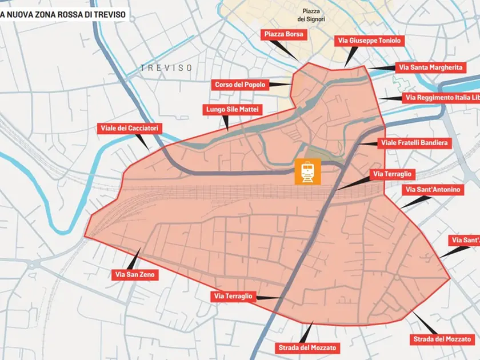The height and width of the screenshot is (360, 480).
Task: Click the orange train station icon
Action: click(307, 171)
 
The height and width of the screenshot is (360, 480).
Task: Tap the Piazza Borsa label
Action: click(284, 34)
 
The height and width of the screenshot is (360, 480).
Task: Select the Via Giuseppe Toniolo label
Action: click(369, 40)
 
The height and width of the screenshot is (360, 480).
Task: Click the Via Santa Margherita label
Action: click(430, 67)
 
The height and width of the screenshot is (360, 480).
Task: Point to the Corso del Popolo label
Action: click(240, 85)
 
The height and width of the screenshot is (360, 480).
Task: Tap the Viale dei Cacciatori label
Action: click(130, 128)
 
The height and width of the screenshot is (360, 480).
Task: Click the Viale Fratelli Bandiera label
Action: click(414, 142)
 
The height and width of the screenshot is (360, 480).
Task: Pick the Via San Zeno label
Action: click(135, 274)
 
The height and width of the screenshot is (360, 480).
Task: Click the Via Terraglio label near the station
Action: click(393, 173)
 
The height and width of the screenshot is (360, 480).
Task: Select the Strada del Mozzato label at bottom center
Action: click(307, 347)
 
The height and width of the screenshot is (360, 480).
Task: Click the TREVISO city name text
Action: click(166, 67)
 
